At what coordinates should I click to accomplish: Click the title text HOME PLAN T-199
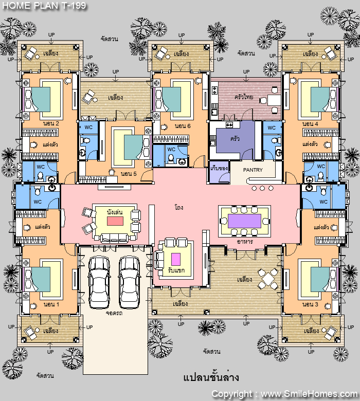coord(44,5)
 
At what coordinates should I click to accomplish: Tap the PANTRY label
coord(253,170)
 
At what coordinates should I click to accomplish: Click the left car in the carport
coord(99,282)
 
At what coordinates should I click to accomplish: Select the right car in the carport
coord(130,282)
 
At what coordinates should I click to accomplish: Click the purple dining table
coord(244,221)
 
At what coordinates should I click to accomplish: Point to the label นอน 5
coord(129,174)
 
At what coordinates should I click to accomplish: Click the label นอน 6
coord(183,126)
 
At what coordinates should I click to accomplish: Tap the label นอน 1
coord(51,304)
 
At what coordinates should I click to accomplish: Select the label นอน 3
coord(310,304)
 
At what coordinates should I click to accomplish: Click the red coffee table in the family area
coord(115,221)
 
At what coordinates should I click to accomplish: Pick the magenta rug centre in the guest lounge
coord(176,259)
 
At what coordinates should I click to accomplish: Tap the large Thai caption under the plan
coord(211,377)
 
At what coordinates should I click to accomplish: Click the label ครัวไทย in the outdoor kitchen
coord(244,97)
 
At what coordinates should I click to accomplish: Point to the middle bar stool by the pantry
coord(262,188)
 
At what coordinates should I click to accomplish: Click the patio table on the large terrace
coord(268,279)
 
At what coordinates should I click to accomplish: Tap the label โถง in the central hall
coord(179,207)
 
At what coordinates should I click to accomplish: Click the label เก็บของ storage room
coord(219,168)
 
